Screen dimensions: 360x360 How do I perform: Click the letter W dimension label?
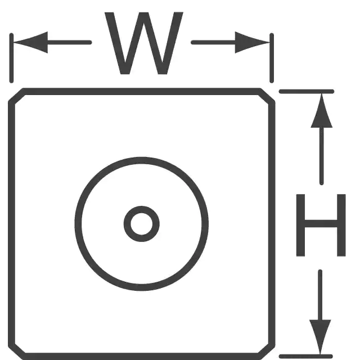click(x=144, y=43)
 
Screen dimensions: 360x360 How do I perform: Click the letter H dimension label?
click(x=321, y=225)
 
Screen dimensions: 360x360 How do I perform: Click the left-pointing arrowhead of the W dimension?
click(x=31, y=43)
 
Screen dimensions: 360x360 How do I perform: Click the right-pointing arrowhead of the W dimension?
click(x=252, y=43)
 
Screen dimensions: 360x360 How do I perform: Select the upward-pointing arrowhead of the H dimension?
click(x=321, y=110)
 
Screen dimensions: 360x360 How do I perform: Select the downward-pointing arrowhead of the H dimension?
click(x=320, y=337)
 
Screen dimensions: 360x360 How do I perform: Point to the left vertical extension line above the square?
click(x=11, y=58)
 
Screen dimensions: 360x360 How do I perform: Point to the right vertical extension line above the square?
click(x=272, y=58)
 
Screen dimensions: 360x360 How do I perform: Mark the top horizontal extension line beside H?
click(x=307, y=91)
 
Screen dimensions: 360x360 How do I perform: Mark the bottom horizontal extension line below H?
click(x=306, y=356)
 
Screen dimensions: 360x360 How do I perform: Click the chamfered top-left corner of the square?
click(x=16, y=94)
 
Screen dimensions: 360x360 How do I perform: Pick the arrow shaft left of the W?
click(x=69, y=43)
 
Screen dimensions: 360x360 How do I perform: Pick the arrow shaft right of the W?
click(x=214, y=43)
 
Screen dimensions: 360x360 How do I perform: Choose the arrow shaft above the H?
click(x=322, y=155)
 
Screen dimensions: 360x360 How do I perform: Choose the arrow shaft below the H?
click(x=320, y=295)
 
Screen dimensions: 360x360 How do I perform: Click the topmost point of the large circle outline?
click(x=141, y=160)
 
